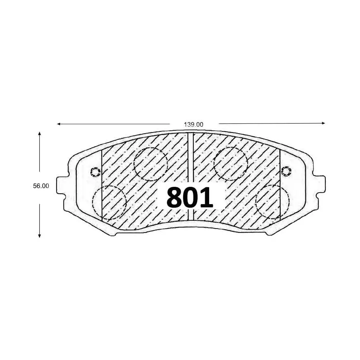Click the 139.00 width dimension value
coord(194,124)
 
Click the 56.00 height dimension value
coord(40,186)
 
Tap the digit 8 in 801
coord(174,198)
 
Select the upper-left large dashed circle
coord(150,164)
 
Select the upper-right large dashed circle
coord(230,164)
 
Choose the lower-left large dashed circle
coord(109,202)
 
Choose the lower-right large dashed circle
coord(273,202)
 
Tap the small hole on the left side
coord(95,172)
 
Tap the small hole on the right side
coord(286,171)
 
